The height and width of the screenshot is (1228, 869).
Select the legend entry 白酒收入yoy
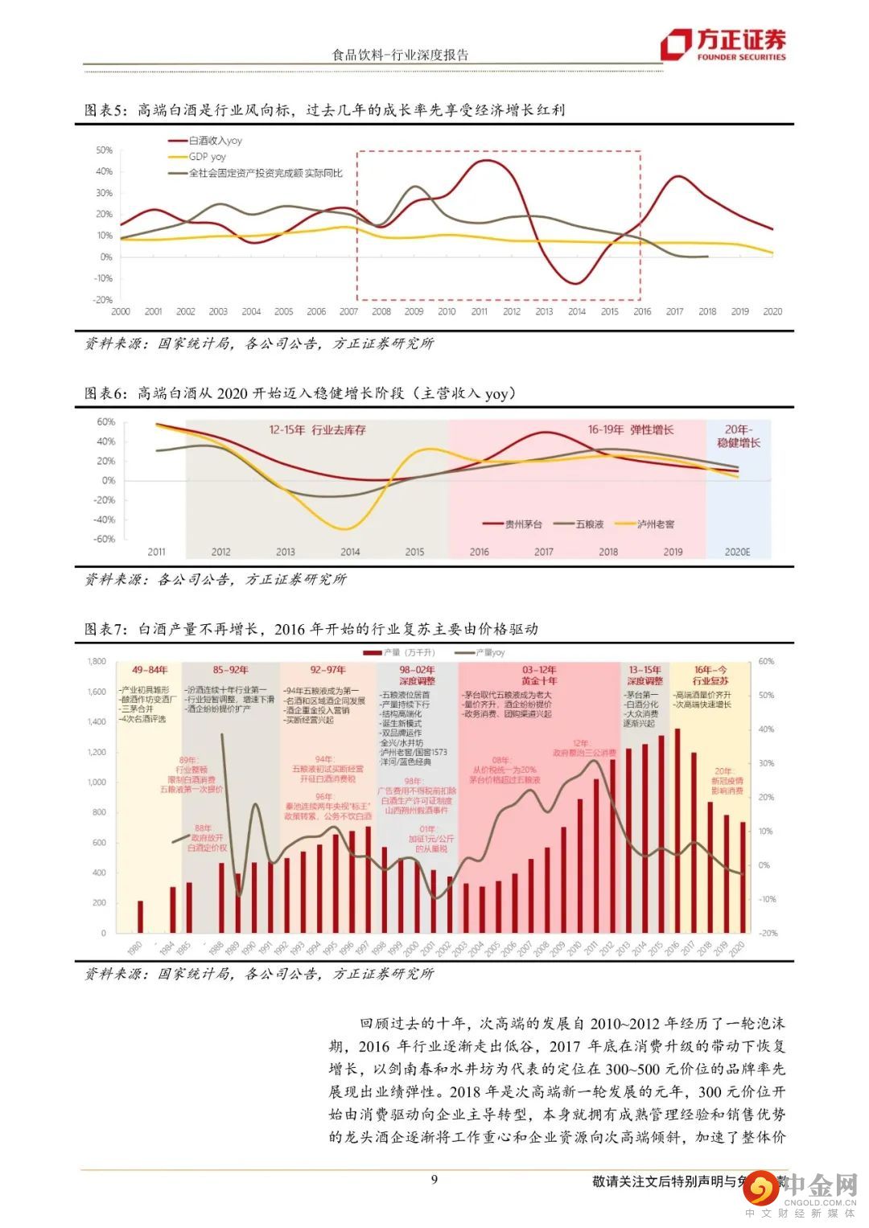click(215, 141)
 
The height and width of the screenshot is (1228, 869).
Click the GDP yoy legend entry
click(207, 157)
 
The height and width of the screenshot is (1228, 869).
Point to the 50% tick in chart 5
click(105, 150)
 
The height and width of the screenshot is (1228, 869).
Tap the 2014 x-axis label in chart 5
click(577, 312)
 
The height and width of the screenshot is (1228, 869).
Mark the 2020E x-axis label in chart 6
click(737, 552)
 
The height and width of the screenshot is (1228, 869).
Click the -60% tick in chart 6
click(105, 540)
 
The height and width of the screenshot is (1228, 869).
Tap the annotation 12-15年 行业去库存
click(317, 430)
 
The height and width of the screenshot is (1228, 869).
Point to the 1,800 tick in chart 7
click(97, 662)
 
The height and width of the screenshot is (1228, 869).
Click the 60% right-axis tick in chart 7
click(766, 662)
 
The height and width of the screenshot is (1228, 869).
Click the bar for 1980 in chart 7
click(140, 917)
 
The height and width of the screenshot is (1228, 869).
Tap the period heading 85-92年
click(231, 670)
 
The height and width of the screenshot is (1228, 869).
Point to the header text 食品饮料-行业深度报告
click(400, 55)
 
